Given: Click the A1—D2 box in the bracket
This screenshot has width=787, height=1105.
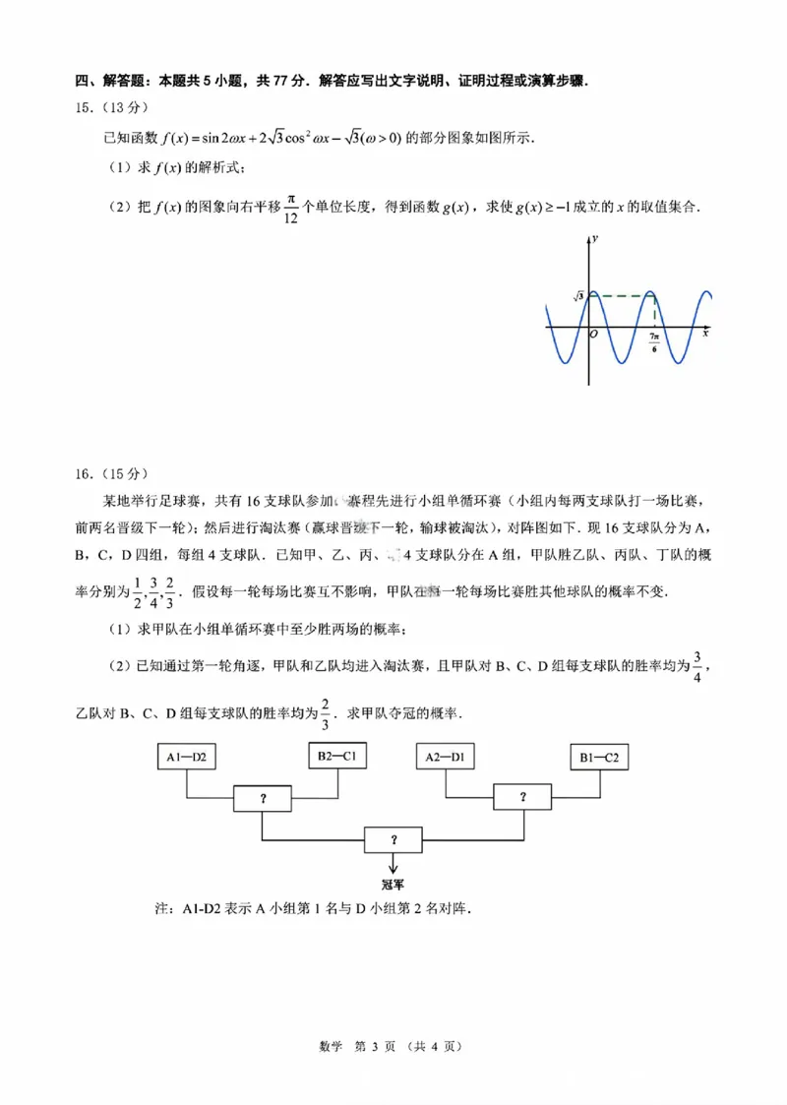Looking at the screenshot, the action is tap(186, 758).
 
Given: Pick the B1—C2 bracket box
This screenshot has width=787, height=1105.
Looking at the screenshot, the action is tap(599, 758).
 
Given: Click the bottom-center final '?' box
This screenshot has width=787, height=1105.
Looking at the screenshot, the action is tap(393, 839).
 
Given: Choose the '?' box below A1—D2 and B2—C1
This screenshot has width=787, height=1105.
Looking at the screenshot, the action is tap(263, 798).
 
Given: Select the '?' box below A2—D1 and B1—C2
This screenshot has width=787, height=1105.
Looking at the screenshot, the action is tap(523, 797).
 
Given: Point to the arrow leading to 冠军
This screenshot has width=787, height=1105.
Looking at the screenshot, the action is tap(393, 863).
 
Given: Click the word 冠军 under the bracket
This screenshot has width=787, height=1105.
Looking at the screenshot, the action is tap(393, 883).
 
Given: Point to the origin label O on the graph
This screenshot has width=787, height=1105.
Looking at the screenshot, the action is tap(593, 334).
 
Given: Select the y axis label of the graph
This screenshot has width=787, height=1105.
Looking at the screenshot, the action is tap(597, 240).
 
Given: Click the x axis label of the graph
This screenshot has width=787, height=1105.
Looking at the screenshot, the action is tap(705, 334).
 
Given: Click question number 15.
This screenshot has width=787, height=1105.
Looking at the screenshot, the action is tap(85, 107).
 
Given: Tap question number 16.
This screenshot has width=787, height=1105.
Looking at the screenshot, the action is tap(85, 473).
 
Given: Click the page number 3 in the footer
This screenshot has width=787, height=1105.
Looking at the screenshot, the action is tap(375, 1046).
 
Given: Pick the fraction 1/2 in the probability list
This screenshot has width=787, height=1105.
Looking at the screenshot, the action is tap(138, 588).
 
